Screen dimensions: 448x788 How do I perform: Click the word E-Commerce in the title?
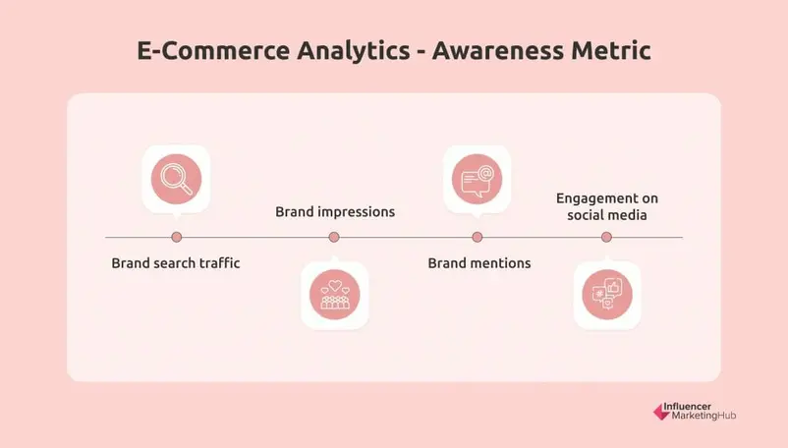coord(199,51)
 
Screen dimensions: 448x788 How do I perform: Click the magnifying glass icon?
coord(176,179)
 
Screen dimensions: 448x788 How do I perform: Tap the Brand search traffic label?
coord(176,263)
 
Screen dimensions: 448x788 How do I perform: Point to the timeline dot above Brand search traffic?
coord(177,237)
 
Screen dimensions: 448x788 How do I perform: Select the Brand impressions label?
coord(335,211)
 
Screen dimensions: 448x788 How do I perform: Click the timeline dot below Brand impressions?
coord(334,237)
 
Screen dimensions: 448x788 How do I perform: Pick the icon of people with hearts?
coord(334,295)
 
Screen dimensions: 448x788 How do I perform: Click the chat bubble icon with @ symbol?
coord(477,179)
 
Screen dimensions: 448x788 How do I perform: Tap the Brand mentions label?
coord(479,263)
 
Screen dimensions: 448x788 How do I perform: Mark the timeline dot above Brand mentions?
coord(478,237)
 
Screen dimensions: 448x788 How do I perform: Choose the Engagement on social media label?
coord(607,206)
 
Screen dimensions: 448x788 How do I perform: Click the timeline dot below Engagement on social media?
coord(606,237)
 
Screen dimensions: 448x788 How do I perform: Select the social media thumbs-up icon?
coord(606,295)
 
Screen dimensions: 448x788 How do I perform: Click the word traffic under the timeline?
coord(216,263)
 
